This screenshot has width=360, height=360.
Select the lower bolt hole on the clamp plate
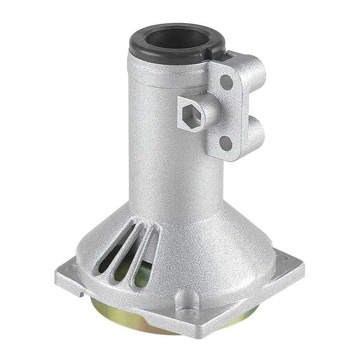pos(225,143)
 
